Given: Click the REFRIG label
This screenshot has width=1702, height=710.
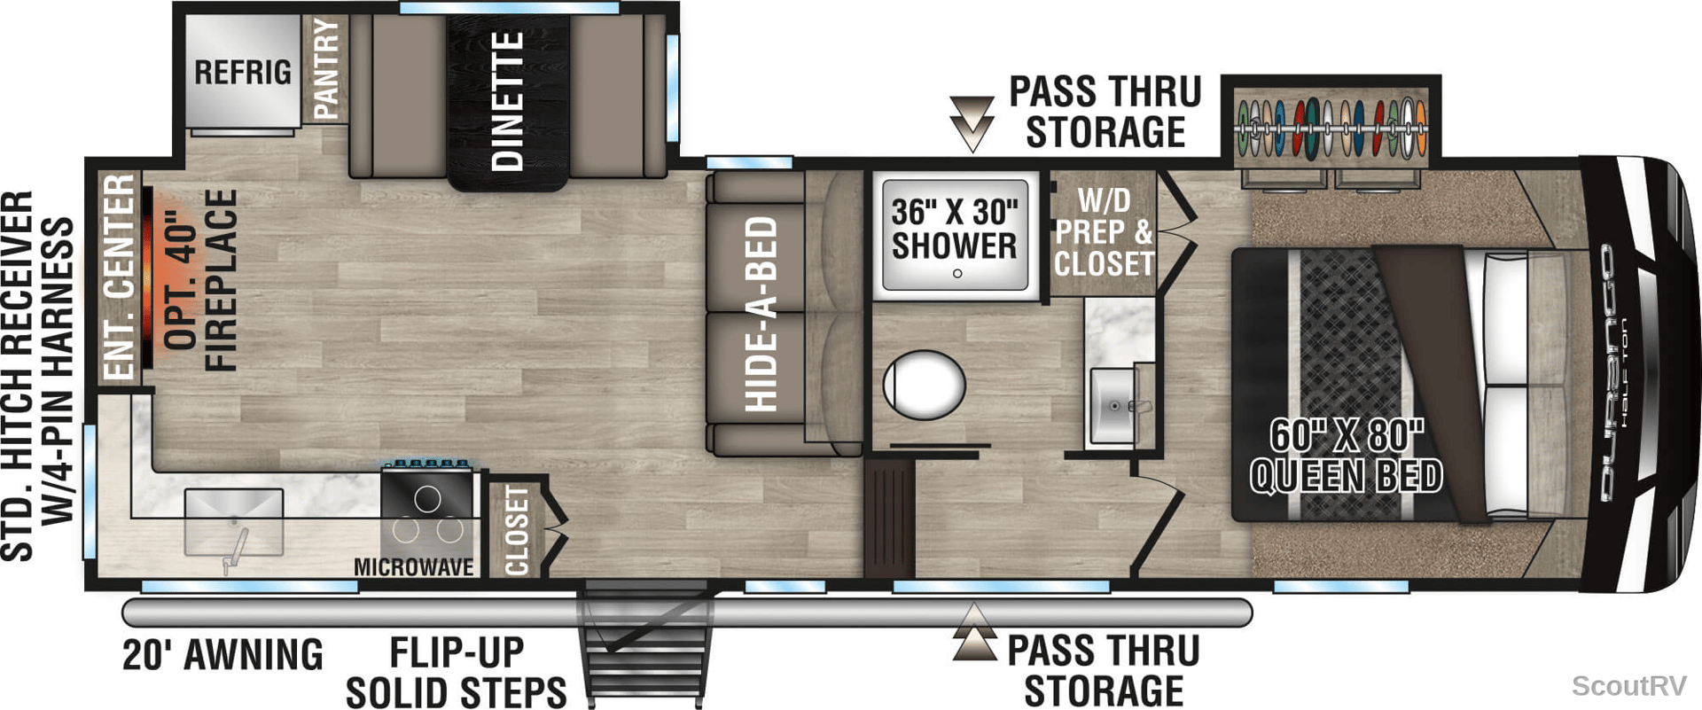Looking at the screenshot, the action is coord(243,72).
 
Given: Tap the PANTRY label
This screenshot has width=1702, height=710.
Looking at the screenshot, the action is coord(325,69).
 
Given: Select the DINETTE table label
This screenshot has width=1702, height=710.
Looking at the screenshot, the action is coord(508,100).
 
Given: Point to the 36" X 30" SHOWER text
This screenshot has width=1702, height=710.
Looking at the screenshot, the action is coord(954,229).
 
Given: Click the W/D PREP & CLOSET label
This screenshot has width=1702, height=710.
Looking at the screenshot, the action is coord(1105,232).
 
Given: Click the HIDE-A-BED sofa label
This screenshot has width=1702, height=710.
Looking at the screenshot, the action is coord(761,314).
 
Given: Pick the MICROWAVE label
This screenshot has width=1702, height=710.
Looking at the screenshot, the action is coord(414,566).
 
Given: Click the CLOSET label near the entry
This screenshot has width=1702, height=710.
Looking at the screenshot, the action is coord(516,530).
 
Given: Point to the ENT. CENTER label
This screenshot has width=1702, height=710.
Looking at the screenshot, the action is coord(119,277).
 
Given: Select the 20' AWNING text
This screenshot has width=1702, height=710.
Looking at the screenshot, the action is coord(223,655).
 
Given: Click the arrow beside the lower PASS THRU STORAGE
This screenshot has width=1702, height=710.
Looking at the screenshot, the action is coord(974,632).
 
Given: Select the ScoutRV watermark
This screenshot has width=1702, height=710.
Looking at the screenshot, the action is coord(1628,685).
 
